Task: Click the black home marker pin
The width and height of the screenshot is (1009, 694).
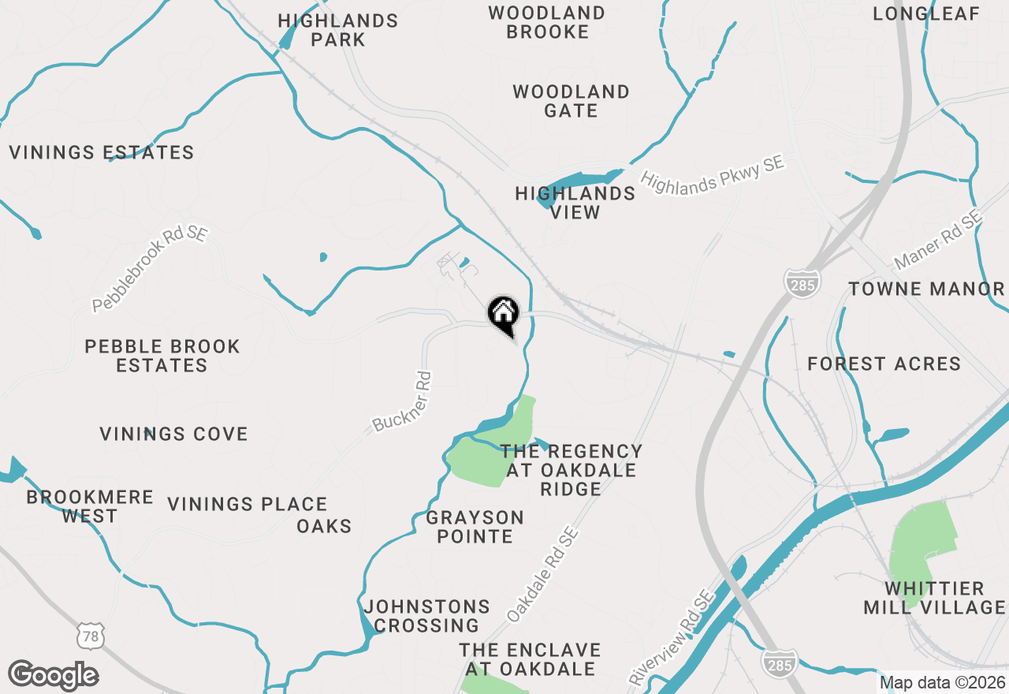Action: [x=503, y=313]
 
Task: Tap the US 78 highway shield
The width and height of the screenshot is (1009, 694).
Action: [x=91, y=636]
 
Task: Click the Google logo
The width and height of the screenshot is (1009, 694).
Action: [x=53, y=676]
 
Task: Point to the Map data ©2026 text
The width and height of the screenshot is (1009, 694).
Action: [x=942, y=682]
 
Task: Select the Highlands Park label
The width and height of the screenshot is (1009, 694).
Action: [x=338, y=30]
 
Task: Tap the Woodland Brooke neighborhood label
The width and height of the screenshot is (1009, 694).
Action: [x=547, y=22]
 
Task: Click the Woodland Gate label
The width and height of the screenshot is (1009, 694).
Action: [x=571, y=101]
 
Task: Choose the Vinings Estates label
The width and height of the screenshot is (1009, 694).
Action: [x=102, y=152]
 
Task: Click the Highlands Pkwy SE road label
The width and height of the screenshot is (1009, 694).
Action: [x=713, y=171]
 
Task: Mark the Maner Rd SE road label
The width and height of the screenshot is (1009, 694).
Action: [x=937, y=241]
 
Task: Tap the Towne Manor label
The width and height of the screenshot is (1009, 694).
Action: [x=926, y=289]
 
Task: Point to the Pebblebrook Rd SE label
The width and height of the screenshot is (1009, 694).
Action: [x=149, y=271]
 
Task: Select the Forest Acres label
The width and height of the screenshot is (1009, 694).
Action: [x=884, y=364]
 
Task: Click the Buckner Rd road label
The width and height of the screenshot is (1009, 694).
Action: [x=403, y=402]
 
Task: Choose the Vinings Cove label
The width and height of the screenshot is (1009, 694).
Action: [x=173, y=434]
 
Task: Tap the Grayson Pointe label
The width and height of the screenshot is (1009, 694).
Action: [x=475, y=527]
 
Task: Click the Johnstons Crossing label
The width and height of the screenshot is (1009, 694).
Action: [x=426, y=616]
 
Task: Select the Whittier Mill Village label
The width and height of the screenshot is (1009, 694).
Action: [x=934, y=598]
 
